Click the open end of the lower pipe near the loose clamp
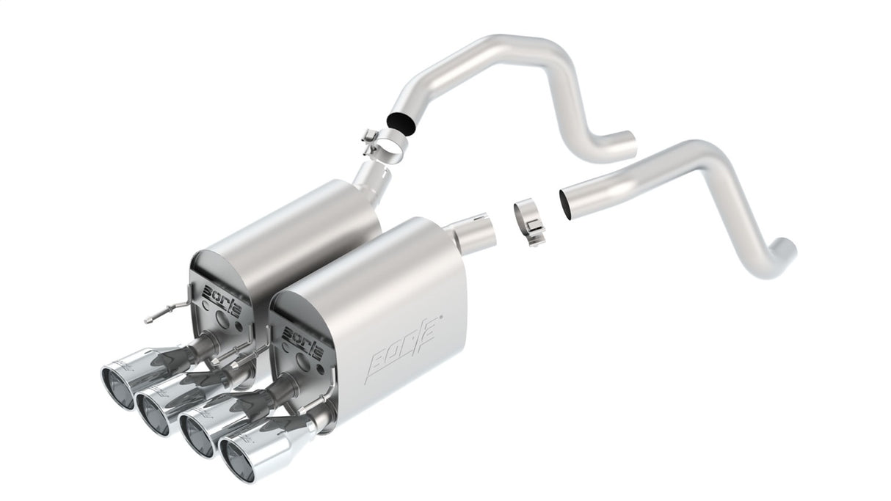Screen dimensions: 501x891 564,201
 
